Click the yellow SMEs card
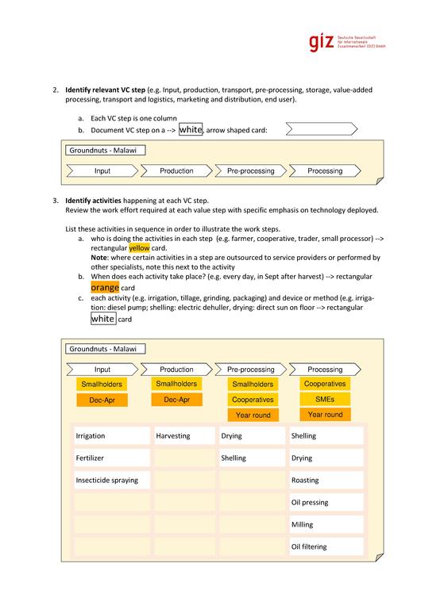[x=325, y=399]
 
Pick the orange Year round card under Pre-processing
[x=253, y=416]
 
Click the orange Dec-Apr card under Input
[x=102, y=400]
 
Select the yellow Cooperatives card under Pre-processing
[x=253, y=400]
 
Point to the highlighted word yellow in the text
[x=139, y=247]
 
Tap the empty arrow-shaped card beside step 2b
[x=316, y=129]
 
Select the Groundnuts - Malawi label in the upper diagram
[x=106, y=150]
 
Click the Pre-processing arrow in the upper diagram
[x=250, y=171]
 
